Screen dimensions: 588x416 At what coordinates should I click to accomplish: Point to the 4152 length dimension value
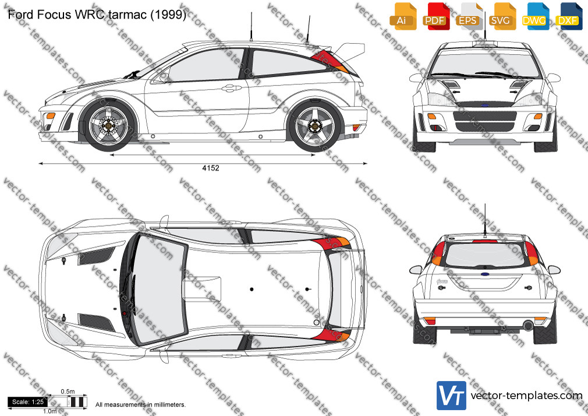211,168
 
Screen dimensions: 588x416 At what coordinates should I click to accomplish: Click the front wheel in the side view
109,125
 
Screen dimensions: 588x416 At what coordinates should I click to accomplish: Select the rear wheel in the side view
315,126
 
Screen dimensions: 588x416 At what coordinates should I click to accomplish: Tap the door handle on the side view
231,89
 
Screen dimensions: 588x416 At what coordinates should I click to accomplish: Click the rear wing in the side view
349,52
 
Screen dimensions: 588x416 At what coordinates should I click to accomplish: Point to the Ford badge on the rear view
485,274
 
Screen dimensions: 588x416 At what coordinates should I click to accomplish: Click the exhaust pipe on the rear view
528,325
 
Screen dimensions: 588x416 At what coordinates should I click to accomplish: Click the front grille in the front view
485,121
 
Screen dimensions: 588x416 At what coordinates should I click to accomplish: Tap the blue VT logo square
452,396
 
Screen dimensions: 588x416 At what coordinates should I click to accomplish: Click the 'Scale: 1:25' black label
28,402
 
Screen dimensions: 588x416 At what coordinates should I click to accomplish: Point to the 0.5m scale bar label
68,392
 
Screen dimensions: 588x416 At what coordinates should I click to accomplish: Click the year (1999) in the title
168,14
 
